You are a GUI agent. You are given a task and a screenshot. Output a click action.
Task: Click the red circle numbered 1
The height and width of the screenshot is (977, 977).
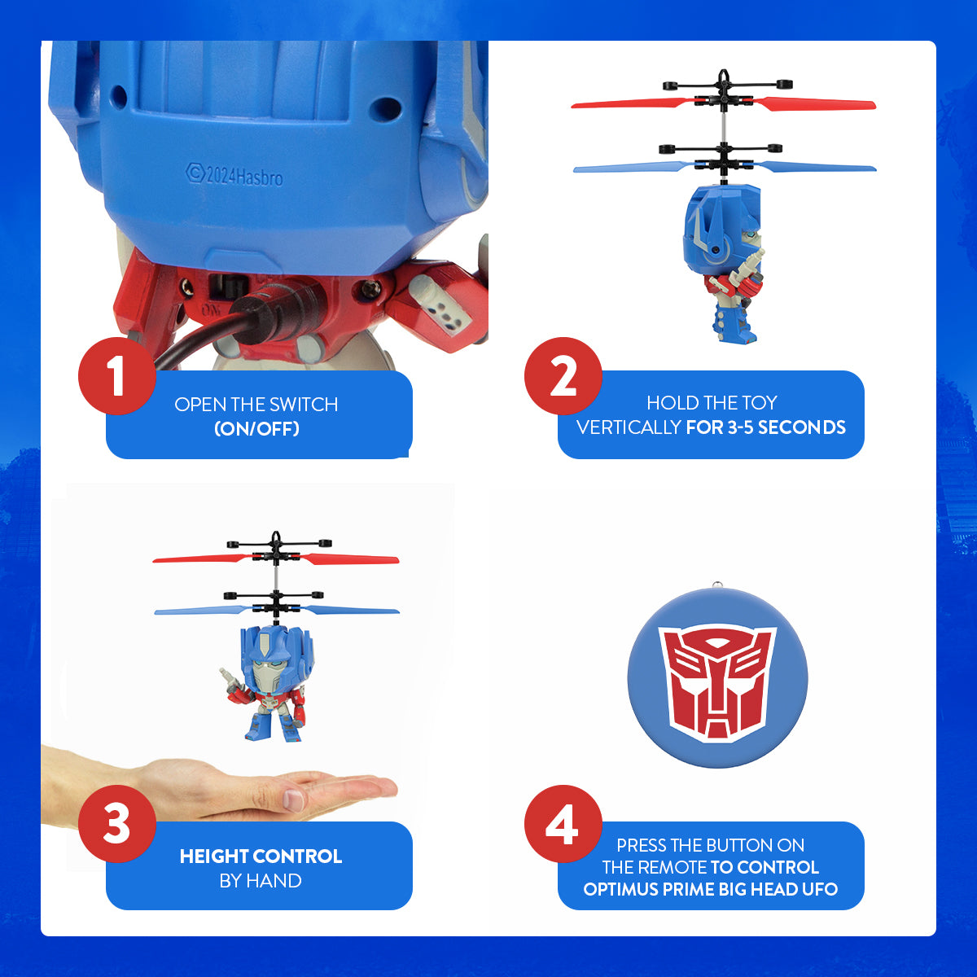click(x=117, y=376)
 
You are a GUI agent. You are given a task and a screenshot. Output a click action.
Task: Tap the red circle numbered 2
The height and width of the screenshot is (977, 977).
click(x=563, y=376)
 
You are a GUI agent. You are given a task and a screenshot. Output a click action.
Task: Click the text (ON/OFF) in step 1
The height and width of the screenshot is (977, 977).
click(x=256, y=428)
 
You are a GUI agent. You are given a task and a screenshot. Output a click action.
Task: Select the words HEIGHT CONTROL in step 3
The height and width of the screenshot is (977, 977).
click(x=261, y=857)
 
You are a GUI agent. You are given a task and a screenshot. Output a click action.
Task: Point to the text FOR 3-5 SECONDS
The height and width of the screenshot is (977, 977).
click(x=765, y=427)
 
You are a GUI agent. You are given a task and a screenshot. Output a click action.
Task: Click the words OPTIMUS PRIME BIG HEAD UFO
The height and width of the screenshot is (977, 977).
click(x=710, y=889)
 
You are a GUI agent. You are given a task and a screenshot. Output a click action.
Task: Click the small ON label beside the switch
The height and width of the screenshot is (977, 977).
click(x=188, y=310)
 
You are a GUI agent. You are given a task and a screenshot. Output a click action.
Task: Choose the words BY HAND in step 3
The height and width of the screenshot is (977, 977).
click(x=261, y=881)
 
